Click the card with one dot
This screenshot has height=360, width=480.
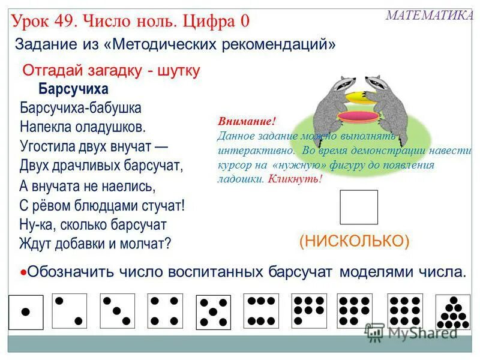(26, 312)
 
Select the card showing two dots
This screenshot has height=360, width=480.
(69, 311)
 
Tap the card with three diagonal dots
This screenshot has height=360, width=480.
(118, 311)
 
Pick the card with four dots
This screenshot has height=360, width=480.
(165, 311)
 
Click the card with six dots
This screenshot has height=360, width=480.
(261, 311)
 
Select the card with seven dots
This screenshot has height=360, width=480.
(309, 311)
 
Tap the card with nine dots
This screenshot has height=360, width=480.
(405, 311)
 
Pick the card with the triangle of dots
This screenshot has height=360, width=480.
(453, 313)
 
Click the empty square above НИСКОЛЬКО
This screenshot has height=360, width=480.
(359, 207)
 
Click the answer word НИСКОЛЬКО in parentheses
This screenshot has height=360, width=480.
(354, 241)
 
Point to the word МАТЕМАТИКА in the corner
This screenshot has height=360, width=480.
(429, 16)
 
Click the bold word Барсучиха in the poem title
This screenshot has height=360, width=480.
(73, 89)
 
